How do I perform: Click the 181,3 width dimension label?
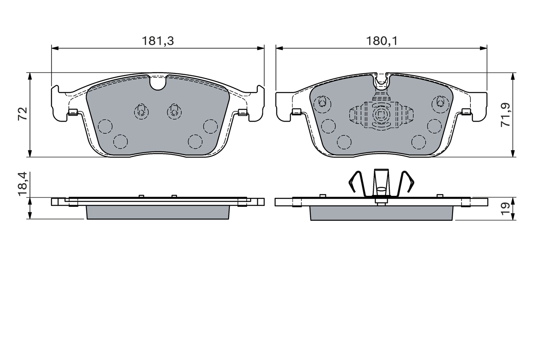point(158,41)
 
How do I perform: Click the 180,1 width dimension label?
point(382,41)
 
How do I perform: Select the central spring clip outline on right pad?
point(381,114)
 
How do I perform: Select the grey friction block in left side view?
point(158,212)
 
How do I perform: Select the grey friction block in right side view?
point(381,213)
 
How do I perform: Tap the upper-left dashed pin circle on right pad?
point(322,102)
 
